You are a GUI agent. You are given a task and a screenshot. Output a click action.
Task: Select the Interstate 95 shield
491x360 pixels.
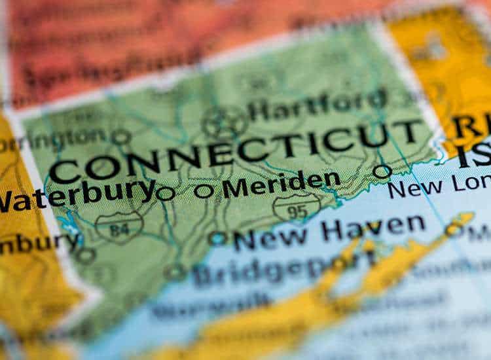(x=297, y=208)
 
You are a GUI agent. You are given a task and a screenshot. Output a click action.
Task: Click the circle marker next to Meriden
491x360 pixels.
(x=204, y=191)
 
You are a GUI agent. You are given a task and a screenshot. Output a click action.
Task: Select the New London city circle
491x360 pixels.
(x=382, y=171)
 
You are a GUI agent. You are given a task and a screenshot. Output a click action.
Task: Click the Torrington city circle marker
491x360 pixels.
(x=120, y=137)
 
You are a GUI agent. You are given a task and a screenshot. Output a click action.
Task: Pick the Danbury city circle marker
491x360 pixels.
(x=85, y=255)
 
